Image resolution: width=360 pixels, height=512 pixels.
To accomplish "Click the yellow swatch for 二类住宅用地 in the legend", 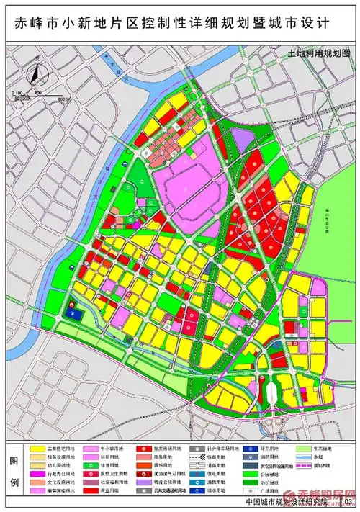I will tap(38, 447).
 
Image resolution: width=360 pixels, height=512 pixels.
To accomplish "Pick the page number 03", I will tap(349, 502).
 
